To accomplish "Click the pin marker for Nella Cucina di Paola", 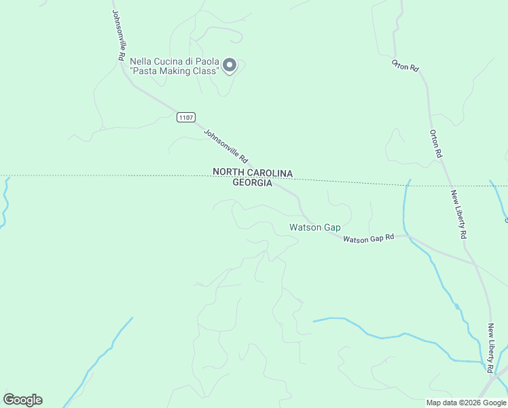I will point(230,65).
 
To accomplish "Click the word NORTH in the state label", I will point(228,173).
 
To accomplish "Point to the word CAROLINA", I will point(269,173).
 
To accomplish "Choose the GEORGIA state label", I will point(252,183).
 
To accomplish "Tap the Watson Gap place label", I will point(314,228).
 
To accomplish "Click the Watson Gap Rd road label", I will point(368,239).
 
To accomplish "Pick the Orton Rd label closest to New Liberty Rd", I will point(435,144).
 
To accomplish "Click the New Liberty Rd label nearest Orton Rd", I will point(459,214).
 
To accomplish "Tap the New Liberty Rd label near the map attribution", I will point(490,347).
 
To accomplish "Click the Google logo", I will point(22,400).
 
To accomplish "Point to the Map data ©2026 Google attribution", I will point(467,403).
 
